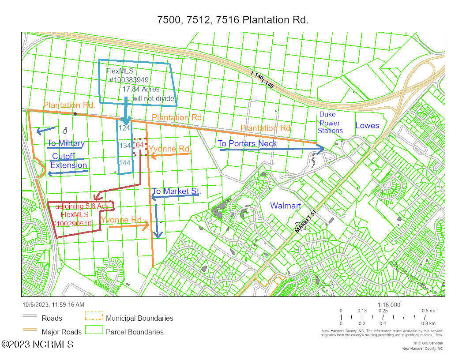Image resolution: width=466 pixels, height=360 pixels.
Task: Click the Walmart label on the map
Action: tap(286, 206)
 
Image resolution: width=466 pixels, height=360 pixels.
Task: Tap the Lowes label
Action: tap(367, 125)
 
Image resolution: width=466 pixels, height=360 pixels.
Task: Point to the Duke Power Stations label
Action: tap(331, 123)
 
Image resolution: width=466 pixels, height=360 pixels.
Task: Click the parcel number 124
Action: tap(125, 128)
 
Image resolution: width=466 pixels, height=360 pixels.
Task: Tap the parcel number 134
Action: tap(125, 145)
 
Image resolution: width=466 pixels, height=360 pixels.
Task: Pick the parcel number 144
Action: tap(125, 162)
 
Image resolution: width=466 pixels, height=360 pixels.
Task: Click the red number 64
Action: tap(139, 145)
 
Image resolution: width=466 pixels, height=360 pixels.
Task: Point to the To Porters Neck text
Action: tap(247, 143)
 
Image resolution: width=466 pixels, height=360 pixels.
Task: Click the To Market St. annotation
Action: tap(176, 191)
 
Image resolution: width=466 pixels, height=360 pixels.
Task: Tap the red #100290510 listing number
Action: tap(72, 224)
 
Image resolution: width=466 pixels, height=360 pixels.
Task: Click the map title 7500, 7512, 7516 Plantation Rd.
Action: tap(233, 20)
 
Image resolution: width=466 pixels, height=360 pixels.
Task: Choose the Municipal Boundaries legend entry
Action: tap(139, 318)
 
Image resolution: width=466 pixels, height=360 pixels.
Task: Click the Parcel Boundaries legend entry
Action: tap(135, 332)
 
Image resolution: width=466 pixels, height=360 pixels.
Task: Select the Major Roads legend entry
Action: tap(61, 332)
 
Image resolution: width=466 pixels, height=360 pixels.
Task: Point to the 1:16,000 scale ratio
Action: tap(389, 305)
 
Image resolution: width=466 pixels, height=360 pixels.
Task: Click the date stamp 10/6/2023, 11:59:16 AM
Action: tap(53, 304)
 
